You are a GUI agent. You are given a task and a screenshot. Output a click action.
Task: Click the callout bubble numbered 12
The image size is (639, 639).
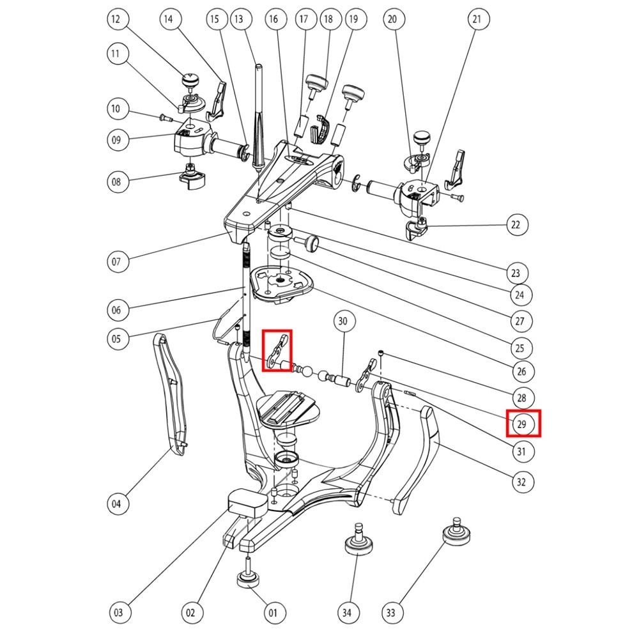tap(116, 20)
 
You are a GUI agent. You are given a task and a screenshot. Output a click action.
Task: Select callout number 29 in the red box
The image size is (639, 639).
tap(522, 424)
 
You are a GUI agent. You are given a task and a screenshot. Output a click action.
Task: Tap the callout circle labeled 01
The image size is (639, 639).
tap(272, 613)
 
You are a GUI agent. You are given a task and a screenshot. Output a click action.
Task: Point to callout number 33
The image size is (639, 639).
tap(392, 613)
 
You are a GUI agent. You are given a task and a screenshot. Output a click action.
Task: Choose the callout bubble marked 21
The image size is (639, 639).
tap(477, 20)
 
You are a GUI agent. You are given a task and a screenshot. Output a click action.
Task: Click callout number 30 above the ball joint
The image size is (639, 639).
tap(343, 321)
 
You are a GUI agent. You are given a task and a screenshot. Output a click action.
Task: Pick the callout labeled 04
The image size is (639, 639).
tap(116, 504)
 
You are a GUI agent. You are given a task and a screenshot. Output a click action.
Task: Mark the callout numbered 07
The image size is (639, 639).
tap(116, 261)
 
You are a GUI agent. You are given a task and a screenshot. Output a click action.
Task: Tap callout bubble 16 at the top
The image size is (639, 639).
tap(273, 20)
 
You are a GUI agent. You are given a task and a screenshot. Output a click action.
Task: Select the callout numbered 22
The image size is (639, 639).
tap(516, 225)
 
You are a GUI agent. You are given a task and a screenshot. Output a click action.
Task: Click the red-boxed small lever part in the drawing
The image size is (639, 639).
tap(278, 350)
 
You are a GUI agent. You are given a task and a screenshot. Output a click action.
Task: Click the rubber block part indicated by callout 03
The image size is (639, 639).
tap(247, 501)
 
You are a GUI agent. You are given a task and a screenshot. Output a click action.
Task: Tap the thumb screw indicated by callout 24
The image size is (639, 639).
tap(311, 243)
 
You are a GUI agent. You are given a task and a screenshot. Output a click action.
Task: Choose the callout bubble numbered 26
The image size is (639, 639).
tap(522, 371)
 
